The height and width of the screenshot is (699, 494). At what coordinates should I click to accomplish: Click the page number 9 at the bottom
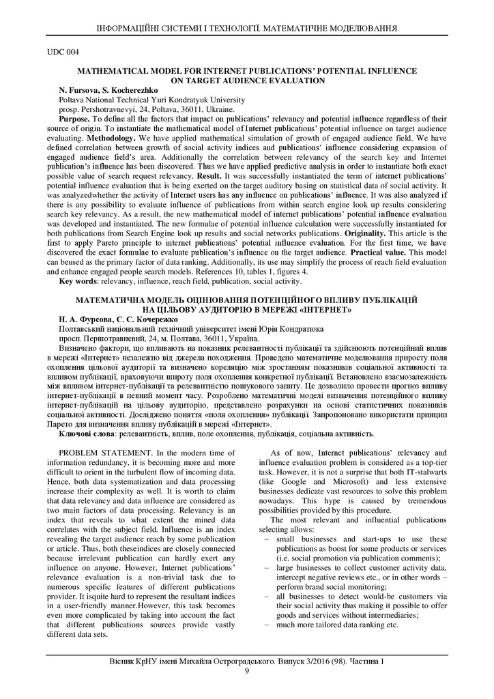coord(247,670)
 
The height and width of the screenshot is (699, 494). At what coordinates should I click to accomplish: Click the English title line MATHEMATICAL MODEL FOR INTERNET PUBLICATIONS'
coord(247,71)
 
